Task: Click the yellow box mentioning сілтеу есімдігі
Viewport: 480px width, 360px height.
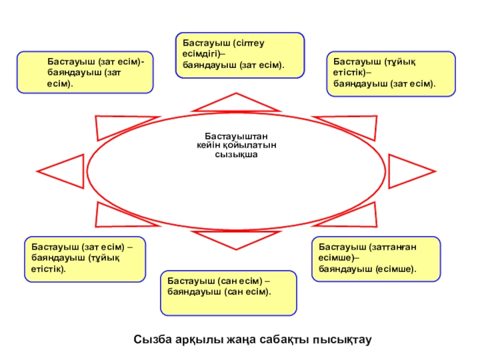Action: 239,55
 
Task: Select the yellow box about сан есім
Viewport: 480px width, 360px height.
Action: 229,293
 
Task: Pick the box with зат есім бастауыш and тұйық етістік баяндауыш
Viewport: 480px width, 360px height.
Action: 85,259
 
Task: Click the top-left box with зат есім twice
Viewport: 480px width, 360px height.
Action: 85,72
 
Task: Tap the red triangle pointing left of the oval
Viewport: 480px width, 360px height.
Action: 60,170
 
